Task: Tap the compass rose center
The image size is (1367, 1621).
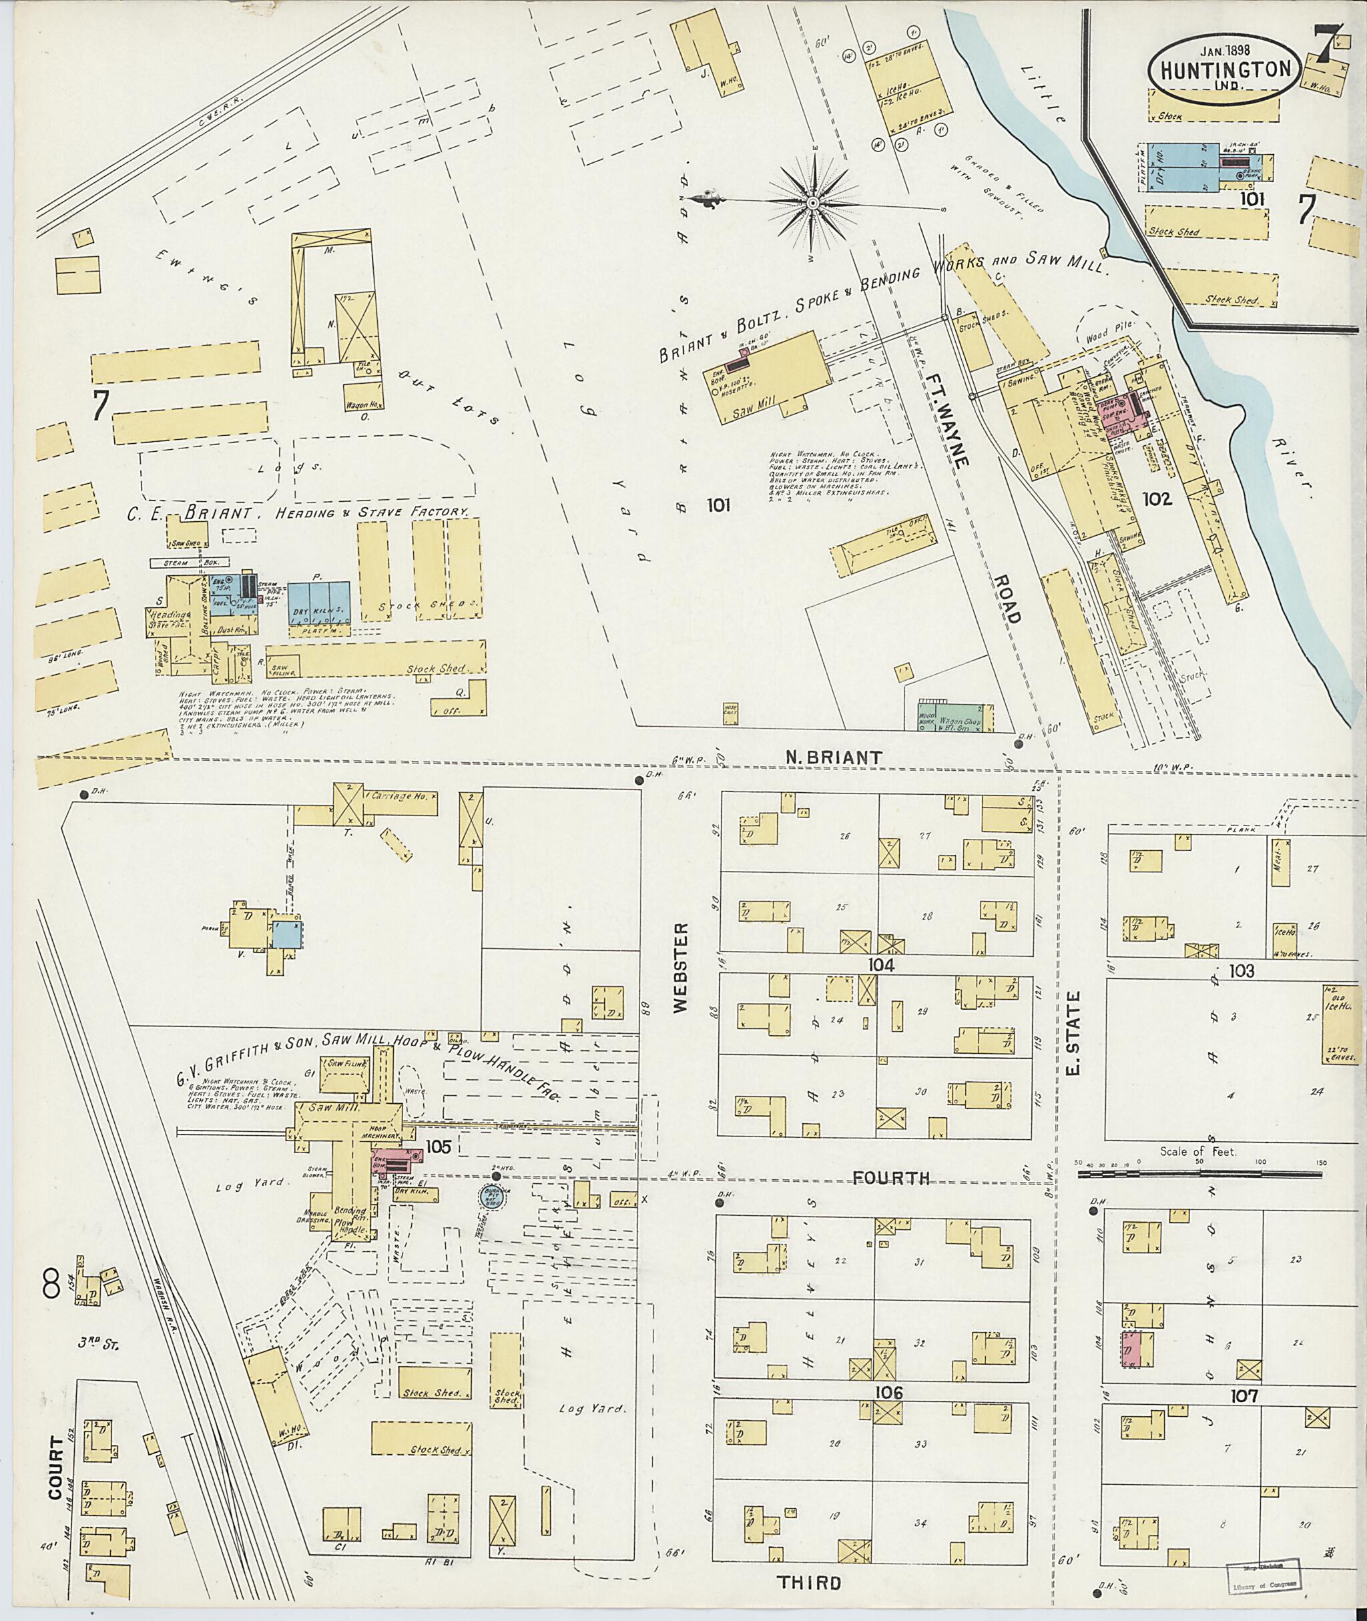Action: click(x=813, y=204)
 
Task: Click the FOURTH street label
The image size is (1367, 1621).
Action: click(x=889, y=1178)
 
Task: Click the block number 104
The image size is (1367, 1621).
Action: click(x=882, y=965)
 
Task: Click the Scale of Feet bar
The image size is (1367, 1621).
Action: click(x=1200, y=1175)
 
